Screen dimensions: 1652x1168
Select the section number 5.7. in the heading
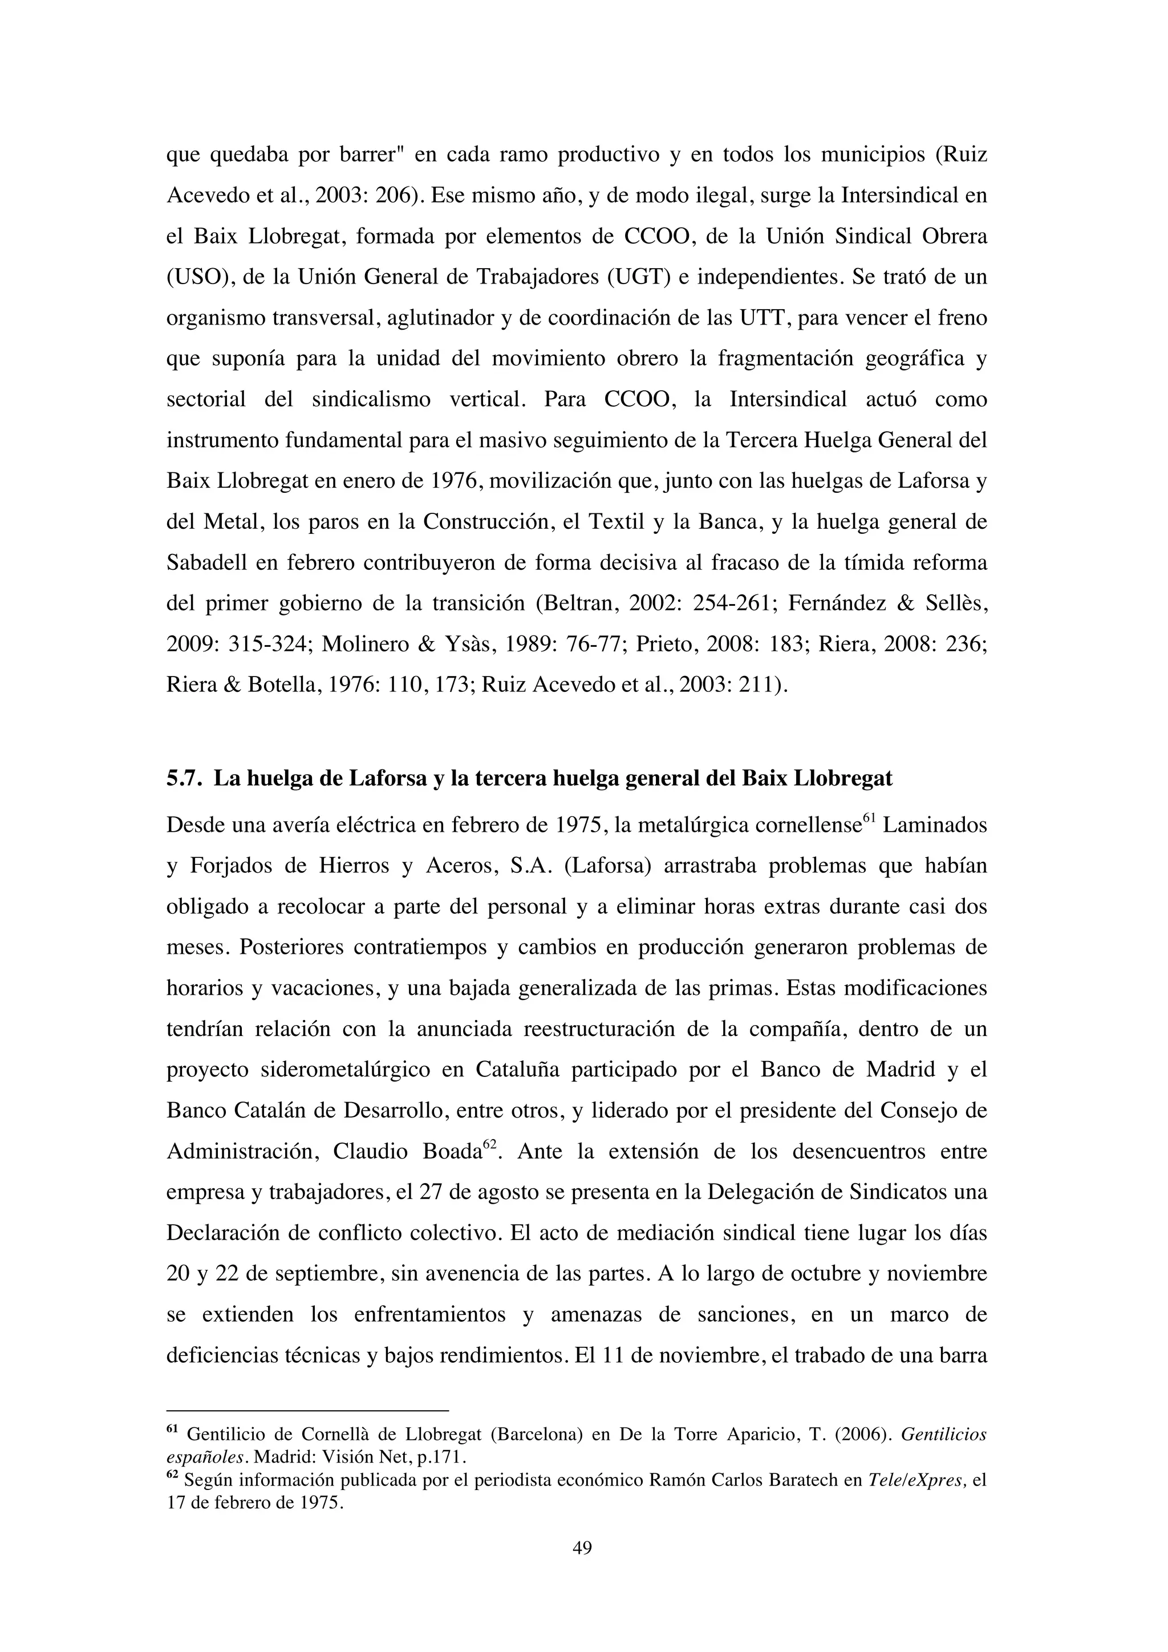pos(185,779)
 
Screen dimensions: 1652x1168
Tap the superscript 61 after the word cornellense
pos(868,816)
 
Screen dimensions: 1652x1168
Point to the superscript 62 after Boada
pos(490,1143)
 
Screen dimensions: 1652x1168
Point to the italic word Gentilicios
pos(944,1434)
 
